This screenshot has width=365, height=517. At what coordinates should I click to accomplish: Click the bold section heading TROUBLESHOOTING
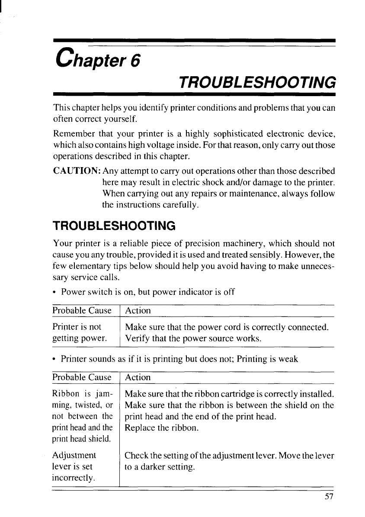tap(114, 226)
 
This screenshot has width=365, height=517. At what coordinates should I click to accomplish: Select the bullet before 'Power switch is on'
tap(54, 291)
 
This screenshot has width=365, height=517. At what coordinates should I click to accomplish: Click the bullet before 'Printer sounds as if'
tap(54, 359)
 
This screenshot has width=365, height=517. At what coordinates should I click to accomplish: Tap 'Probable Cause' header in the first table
tap(82, 310)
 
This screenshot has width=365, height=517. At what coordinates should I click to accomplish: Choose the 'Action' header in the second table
tap(138, 378)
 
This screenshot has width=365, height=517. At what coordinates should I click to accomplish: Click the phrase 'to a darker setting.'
tap(160, 467)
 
